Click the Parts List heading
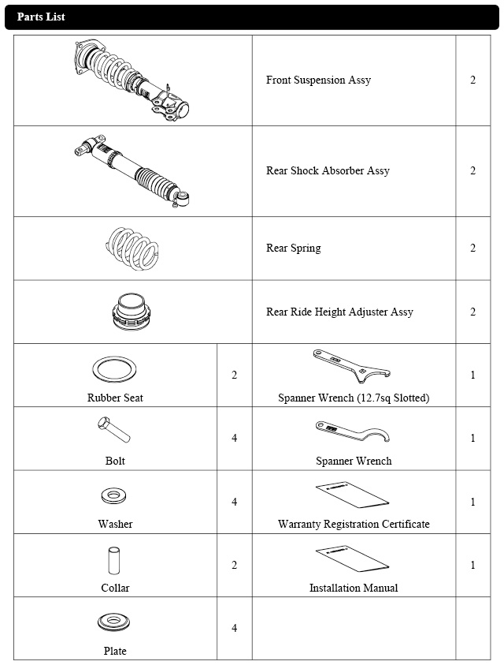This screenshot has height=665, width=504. click(x=41, y=17)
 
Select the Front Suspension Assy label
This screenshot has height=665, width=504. click(x=318, y=80)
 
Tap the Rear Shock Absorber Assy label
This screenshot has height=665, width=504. click(x=328, y=171)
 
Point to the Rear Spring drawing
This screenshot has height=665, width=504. click(x=133, y=248)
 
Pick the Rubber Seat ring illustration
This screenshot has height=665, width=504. click(x=115, y=369)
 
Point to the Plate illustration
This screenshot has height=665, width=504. click(x=115, y=623)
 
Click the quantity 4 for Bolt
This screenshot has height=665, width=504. click(x=234, y=439)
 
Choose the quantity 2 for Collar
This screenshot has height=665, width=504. click(x=234, y=566)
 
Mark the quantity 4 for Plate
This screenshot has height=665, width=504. click(x=234, y=629)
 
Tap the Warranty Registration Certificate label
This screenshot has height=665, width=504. click(x=354, y=525)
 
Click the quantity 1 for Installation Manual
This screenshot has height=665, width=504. click(x=472, y=566)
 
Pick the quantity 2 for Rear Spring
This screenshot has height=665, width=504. click(x=472, y=248)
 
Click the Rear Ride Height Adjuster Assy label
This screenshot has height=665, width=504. click(x=339, y=312)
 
